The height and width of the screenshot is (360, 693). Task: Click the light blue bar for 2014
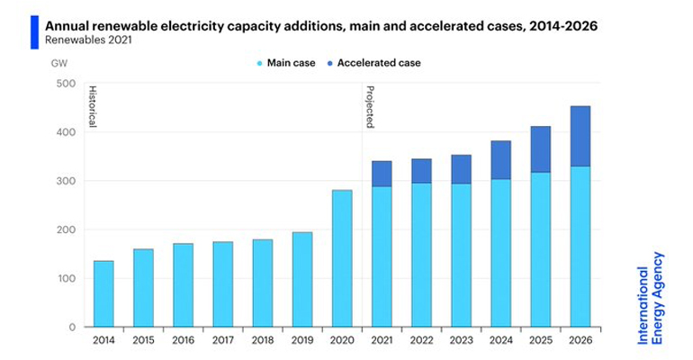103,293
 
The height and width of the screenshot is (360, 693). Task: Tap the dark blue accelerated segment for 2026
579,136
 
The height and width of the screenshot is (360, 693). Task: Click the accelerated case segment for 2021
381,174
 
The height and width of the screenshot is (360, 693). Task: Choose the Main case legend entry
286,63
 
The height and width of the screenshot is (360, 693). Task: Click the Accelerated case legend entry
382,63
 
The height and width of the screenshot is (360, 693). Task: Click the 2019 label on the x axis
301,340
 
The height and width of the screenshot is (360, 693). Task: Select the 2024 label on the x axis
499,340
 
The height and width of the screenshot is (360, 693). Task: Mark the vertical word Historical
92,107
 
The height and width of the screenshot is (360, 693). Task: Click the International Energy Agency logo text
651,296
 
